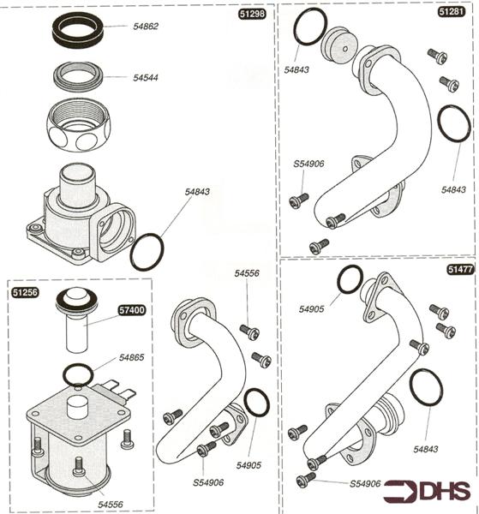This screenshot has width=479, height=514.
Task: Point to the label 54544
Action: coord(146,77)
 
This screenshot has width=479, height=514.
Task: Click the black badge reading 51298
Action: coord(253,15)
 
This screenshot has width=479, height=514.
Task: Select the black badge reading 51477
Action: coord(458,269)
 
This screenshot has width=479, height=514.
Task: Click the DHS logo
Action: coord(428,491)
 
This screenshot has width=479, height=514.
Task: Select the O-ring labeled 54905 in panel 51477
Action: coord(350,279)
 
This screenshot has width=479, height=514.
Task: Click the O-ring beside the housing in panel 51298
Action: coord(147,249)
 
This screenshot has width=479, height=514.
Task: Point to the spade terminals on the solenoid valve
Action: coord(123,393)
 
